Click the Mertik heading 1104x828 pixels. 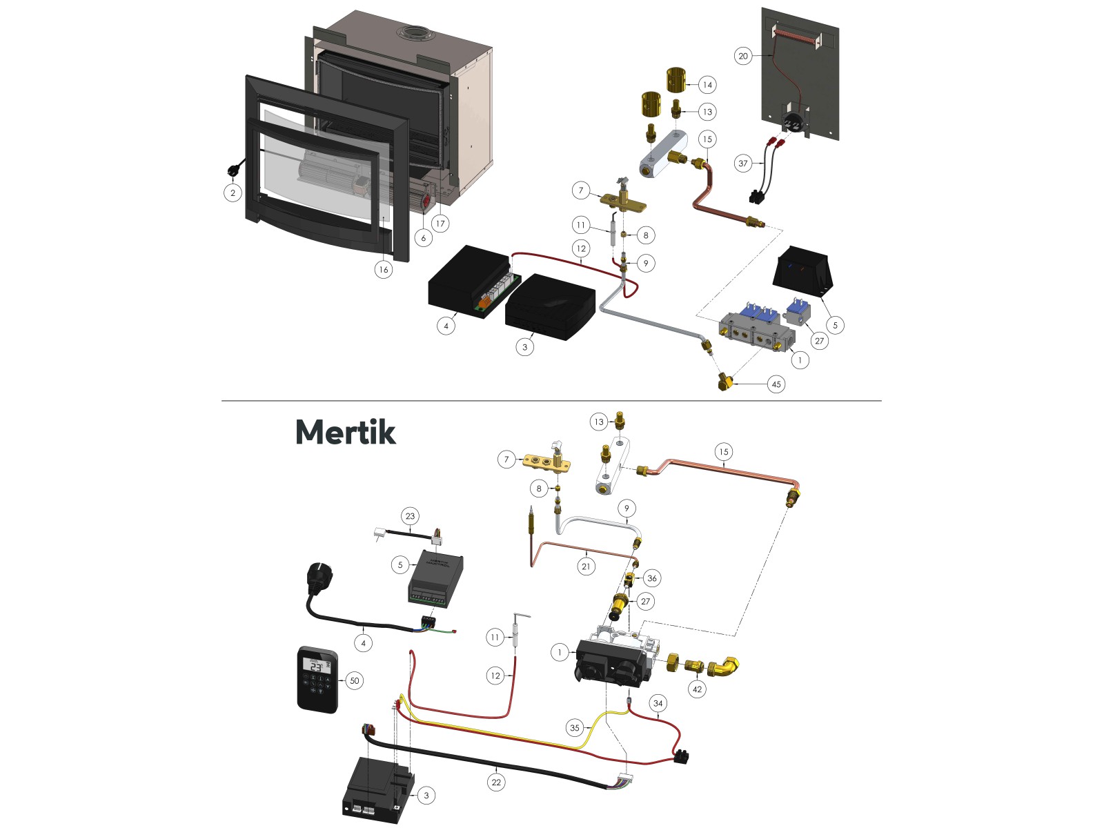pos(345,433)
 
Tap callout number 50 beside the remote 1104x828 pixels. pos(354,680)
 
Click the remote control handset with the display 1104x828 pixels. pos(317,679)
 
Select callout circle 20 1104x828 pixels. pos(742,56)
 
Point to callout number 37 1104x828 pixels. pos(742,164)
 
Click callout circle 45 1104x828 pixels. pos(776,384)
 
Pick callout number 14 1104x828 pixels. pos(707,85)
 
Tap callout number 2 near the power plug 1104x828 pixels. pos(233,193)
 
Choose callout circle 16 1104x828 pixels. pos(383,269)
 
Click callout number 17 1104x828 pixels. pos(440,223)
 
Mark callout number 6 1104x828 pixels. pos(423,238)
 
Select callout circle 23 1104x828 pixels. pos(410,516)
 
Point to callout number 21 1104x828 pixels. pos(586,566)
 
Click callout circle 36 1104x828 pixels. pos(651,578)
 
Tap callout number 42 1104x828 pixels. pos(697,689)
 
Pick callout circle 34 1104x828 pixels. pos(658,704)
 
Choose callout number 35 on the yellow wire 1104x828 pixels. pos(574,727)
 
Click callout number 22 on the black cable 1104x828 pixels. pos(496,782)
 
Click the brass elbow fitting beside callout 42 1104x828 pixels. pos(725,667)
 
